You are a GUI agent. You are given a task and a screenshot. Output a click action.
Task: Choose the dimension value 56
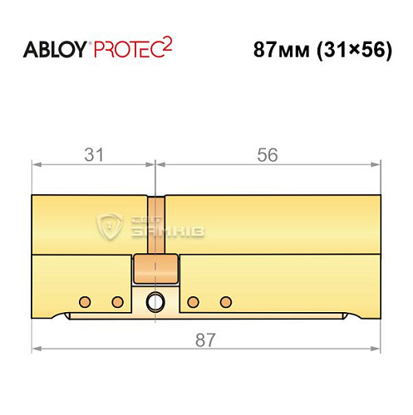tap(268, 155)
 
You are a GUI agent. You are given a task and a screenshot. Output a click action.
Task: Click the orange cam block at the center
tap(156, 268)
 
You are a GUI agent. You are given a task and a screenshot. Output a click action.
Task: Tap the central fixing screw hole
tap(155, 300)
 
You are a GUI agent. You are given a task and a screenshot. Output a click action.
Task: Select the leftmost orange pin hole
tap(83, 300)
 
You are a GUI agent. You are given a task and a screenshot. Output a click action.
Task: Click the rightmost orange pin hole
tap(224, 300)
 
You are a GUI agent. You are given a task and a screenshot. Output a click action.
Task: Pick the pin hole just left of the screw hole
tap(117, 300)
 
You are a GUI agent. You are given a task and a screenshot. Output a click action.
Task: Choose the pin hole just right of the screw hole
tap(193, 300)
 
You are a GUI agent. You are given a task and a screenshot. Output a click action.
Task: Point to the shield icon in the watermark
tap(110, 225)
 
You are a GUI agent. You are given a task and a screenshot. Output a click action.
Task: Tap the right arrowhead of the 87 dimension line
tap(377, 346)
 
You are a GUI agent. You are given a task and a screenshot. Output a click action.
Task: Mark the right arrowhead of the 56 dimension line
tap(377, 164)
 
